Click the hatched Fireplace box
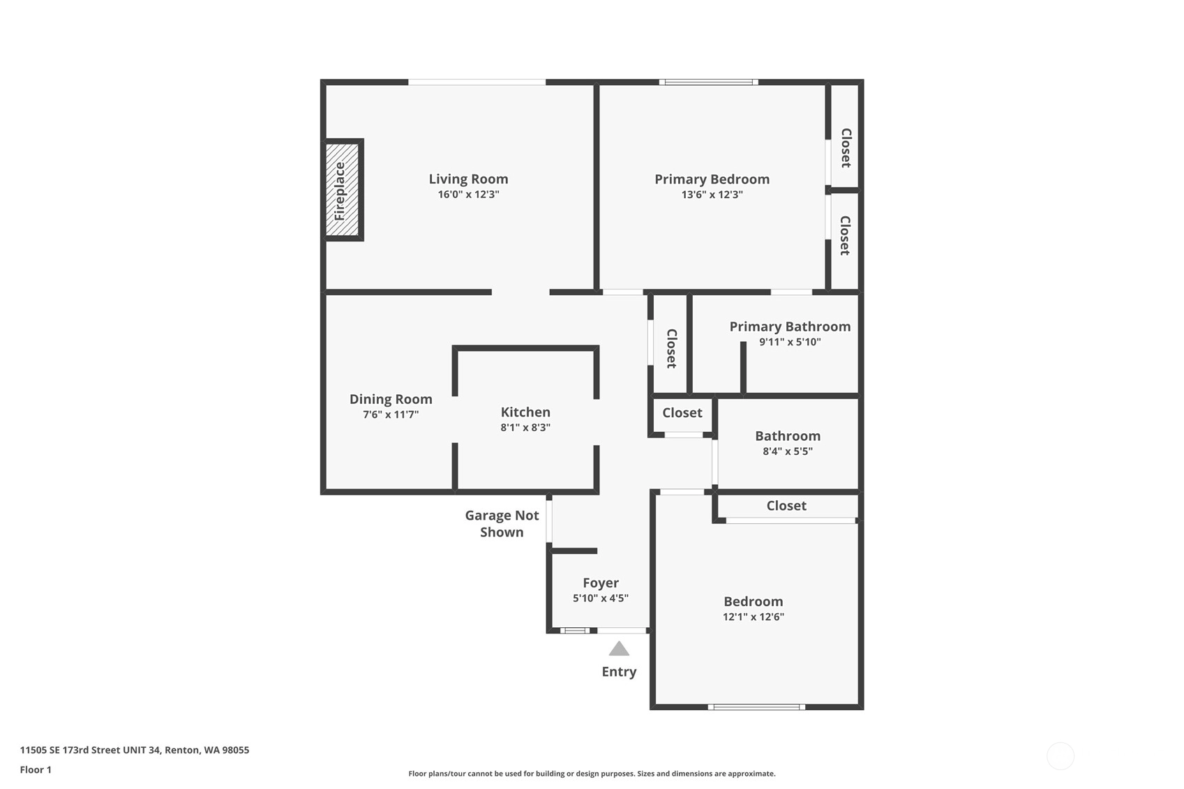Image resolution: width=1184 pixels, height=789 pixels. point(342,190)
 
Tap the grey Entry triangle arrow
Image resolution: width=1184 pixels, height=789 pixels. point(619,648)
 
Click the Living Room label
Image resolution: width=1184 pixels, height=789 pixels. point(468,179)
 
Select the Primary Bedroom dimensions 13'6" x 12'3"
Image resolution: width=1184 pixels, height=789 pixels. point(712,195)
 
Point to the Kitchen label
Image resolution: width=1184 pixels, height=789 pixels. point(525,412)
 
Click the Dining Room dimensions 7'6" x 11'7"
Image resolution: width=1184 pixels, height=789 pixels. point(391,414)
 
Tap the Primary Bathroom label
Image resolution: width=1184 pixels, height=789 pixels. point(790,326)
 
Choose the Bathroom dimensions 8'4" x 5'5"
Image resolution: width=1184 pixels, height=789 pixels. point(788,451)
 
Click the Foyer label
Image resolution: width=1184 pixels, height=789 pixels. point(601,583)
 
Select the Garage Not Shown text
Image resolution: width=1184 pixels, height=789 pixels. point(502,524)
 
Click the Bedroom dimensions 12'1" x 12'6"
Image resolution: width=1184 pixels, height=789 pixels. point(754,617)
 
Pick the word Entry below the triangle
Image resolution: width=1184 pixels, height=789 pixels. point(619,672)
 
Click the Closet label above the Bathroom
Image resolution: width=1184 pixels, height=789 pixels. point(682,413)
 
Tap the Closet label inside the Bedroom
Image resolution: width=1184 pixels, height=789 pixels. point(786,506)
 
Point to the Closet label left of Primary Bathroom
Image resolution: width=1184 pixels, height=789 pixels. point(671,348)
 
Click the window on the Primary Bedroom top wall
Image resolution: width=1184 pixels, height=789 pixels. point(709,82)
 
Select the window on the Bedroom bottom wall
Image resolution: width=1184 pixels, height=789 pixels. point(756,707)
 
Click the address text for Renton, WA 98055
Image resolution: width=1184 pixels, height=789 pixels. point(135,750)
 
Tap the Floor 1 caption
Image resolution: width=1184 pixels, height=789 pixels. point(36,770)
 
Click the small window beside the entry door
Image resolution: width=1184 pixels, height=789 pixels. point(574,631)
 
